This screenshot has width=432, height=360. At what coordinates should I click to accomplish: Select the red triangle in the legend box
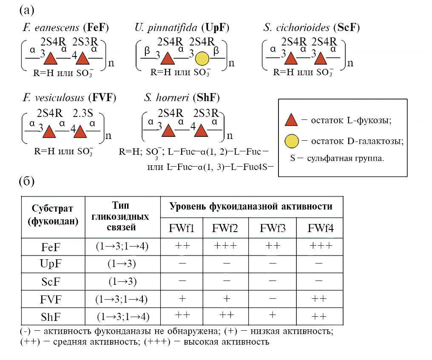point(291,120)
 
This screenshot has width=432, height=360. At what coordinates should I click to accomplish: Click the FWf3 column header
point(273,229)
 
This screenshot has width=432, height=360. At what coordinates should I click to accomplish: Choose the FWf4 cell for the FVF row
point(319,299)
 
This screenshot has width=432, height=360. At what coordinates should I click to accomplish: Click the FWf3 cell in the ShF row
point(273,316)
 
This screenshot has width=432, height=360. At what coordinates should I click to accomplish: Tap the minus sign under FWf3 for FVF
point(273,299)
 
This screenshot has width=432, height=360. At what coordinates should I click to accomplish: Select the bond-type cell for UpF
point(122,264)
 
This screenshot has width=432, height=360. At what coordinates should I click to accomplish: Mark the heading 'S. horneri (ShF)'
point(182,98)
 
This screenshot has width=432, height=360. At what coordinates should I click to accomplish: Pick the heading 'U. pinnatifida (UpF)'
point(182,28)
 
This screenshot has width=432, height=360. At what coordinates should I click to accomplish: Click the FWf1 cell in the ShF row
point(183,316)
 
